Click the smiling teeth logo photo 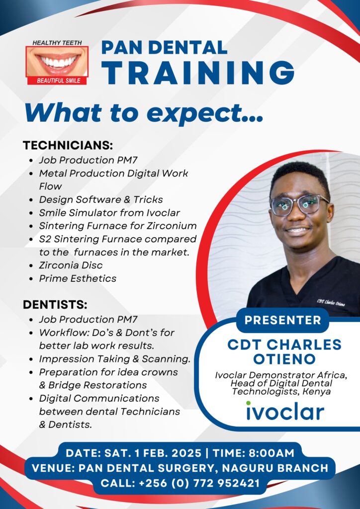pyautogui.click(x=57, y=61)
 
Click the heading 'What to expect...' pyautogui.click(x=144, y=113)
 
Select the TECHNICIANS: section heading pyautogui.click(x=68, y=146)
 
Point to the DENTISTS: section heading pyautogui.click(x=55, y=305)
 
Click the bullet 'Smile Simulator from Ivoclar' pyautogui.click(x=109, y=213)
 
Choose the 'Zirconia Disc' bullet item pyautogui.click(x=71, y=265)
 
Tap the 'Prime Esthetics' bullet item pyautogui.click(x=78, y=278)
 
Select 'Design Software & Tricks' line pyautogui.click(x=101, y=200)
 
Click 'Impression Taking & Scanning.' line pyautogui.click(x=114, y=359)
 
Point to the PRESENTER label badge pyautogui.click(x=283, y=320)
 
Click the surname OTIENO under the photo pyautogui.click(x=284, y=359)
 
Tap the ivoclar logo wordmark pyautogui.click(x=285, y=411)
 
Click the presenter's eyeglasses pyautogui.click(x=299, y=205)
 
